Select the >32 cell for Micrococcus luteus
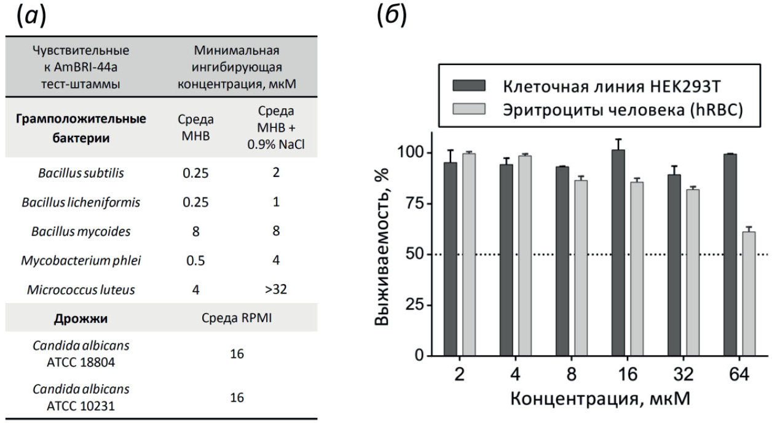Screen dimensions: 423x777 275,288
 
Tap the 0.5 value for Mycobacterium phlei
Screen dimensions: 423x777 195,260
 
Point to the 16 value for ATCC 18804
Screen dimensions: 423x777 236,354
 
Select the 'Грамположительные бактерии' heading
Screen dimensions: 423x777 81,128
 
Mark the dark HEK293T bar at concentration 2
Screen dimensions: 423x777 451,258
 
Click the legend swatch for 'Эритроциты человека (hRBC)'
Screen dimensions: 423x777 468,109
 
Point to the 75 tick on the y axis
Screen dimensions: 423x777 414,204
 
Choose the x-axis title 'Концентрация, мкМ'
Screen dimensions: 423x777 599,398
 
